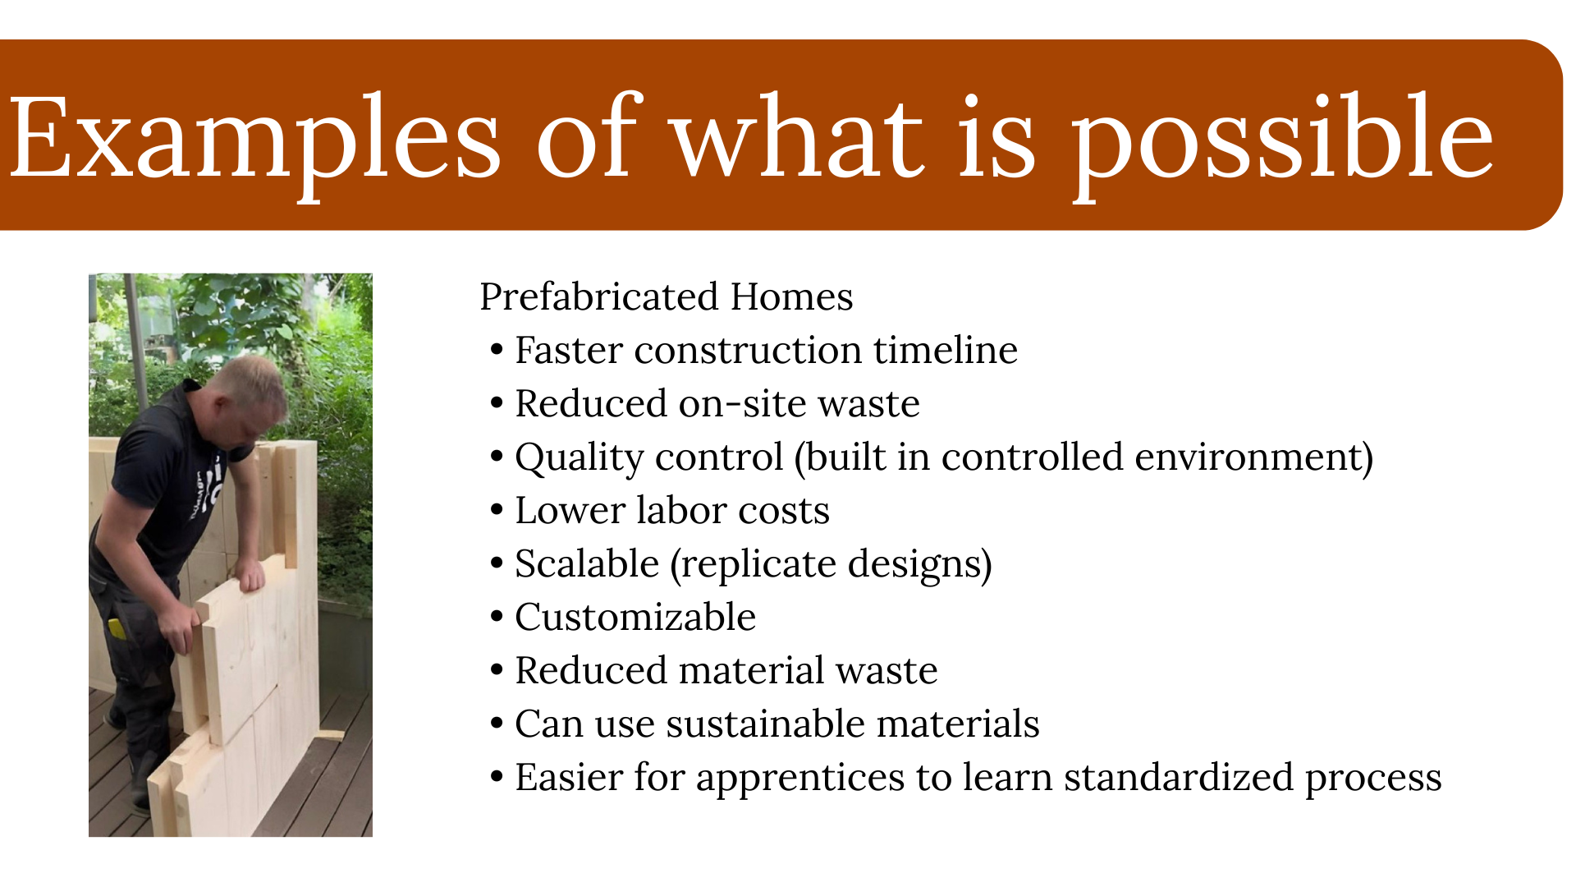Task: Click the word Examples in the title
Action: pos(254,138)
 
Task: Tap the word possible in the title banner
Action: pos(1282,138)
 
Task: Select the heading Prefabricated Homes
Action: pos(666,296)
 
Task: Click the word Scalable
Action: pos(587,563)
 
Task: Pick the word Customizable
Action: pos(635,617)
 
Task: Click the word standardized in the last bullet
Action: pos(1179,777)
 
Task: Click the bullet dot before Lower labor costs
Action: pos(496,510)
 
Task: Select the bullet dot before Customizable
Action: pos(496,617)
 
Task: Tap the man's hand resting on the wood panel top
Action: pos(250,576)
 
